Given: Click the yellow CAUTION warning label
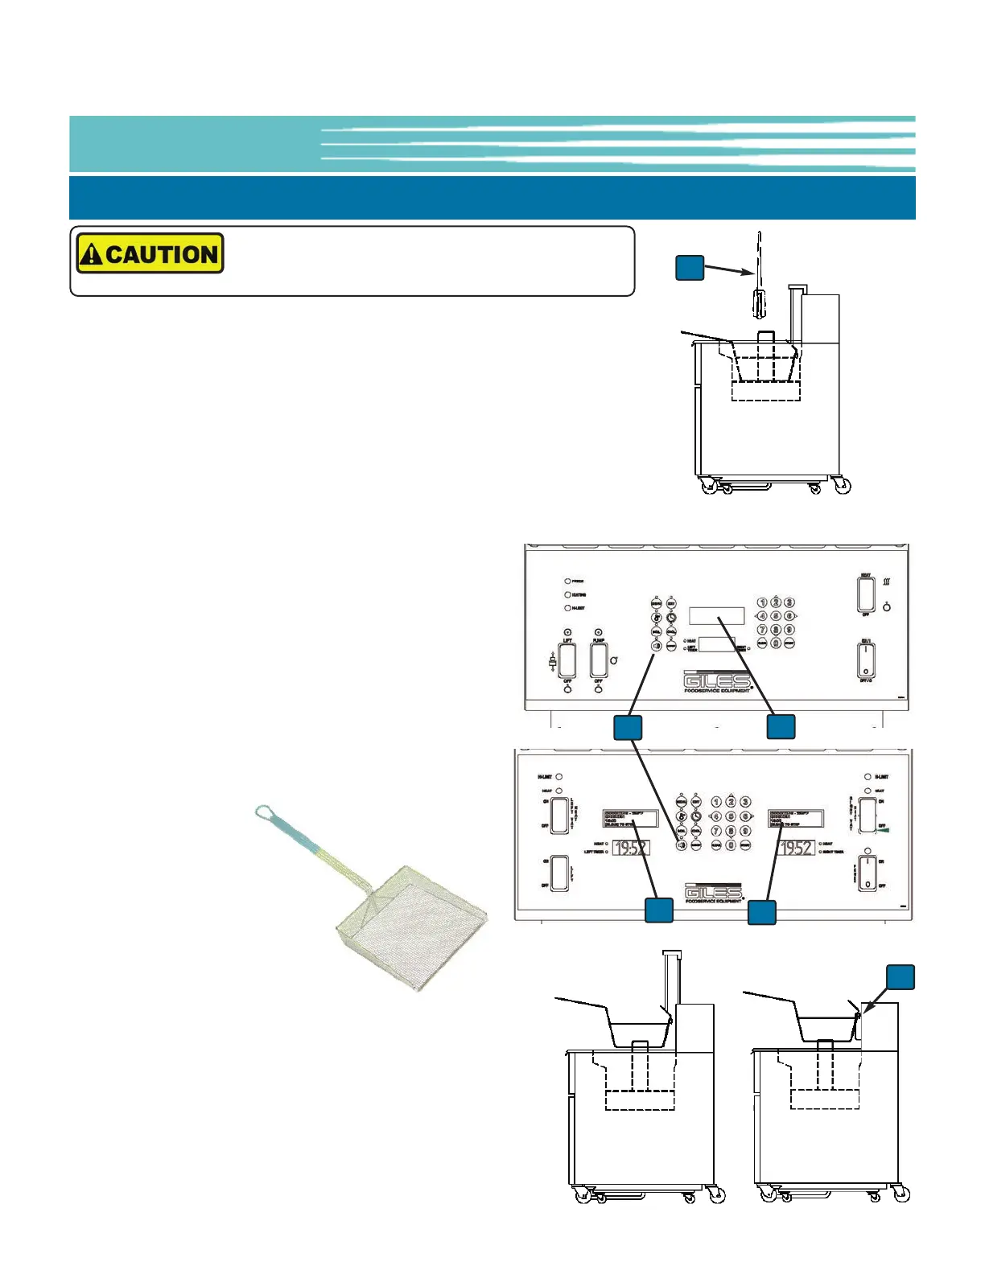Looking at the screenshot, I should [x=150, y=254].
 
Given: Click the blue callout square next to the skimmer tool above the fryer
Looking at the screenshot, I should [x=690, y=268].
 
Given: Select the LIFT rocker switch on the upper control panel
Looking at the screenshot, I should [x=567, y=660].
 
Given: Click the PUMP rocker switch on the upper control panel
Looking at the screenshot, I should [x=599, y=660].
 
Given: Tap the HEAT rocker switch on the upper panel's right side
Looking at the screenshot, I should [x=866, y=594].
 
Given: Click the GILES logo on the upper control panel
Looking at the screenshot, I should [x=716, y=680].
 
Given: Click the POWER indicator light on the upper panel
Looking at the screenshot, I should [x=567, y=581].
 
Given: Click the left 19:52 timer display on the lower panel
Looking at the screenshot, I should [x=631, y=848].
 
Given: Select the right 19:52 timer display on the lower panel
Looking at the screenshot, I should [x=796, y=848].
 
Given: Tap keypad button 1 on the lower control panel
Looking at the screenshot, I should [x=716, y=802].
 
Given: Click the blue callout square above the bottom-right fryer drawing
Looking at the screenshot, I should [x=901, y=976].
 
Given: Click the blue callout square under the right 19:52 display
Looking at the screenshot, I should [x=762, y=912].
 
